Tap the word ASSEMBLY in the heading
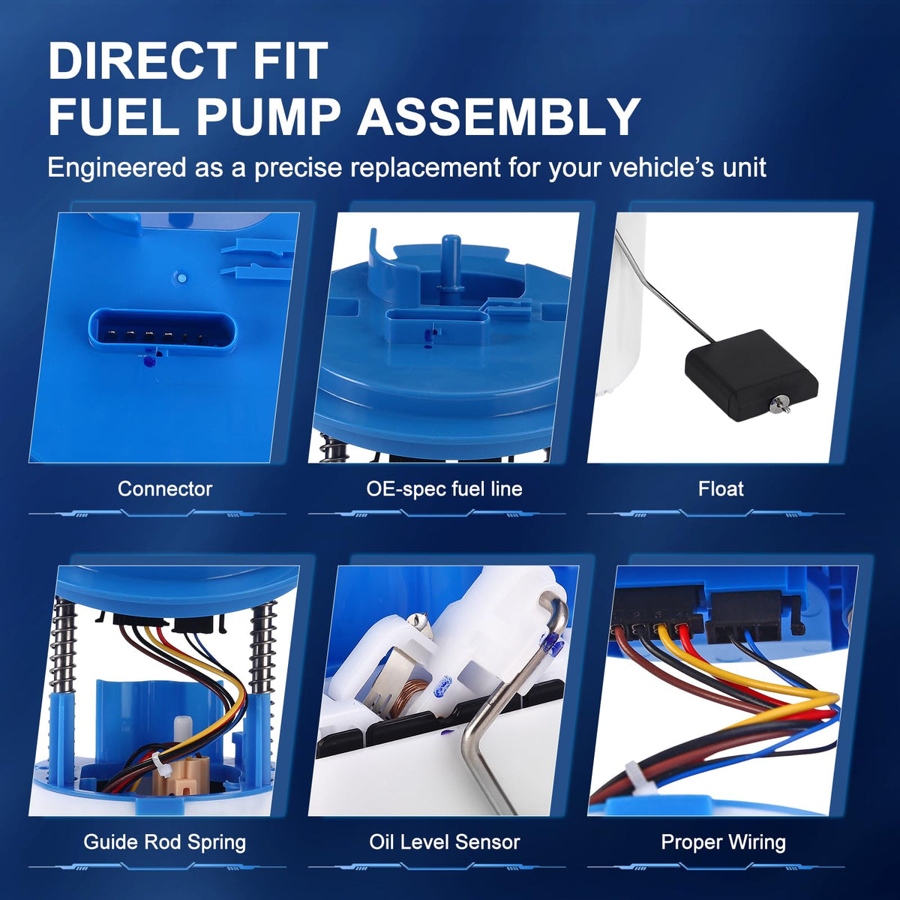pos(498,117)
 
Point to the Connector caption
pos(165,489)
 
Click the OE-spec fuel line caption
pos(444,489)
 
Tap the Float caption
pos(721,489)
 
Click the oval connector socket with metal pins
pos(162,332)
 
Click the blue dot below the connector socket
pos(149,361)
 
